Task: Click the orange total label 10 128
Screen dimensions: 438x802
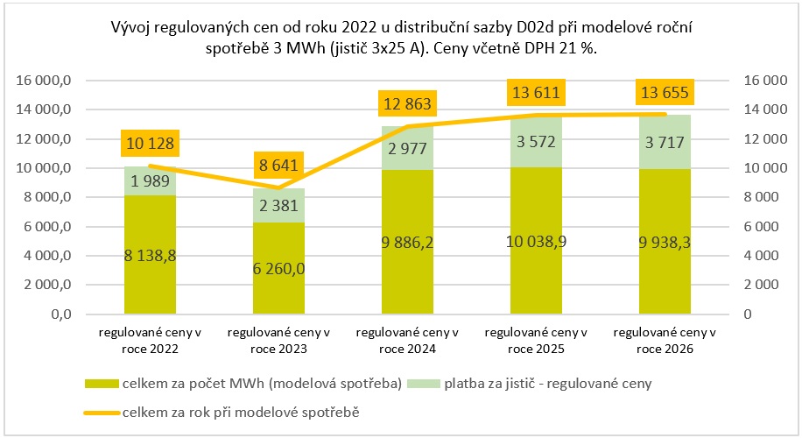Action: [150, 143]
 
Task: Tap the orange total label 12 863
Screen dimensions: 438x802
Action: [407, 105]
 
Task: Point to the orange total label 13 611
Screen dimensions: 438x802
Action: [536, 92]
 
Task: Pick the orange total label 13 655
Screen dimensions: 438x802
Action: [665, 92]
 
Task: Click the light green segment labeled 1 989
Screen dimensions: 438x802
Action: [150, 180]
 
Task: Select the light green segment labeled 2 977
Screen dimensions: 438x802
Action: [407, 147]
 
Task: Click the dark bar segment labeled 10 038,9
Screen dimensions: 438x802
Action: [536, 240]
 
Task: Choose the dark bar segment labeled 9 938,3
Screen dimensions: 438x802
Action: [665, 241]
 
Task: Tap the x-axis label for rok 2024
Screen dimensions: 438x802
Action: [407, 341]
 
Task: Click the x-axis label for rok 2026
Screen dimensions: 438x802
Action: [665, 341]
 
